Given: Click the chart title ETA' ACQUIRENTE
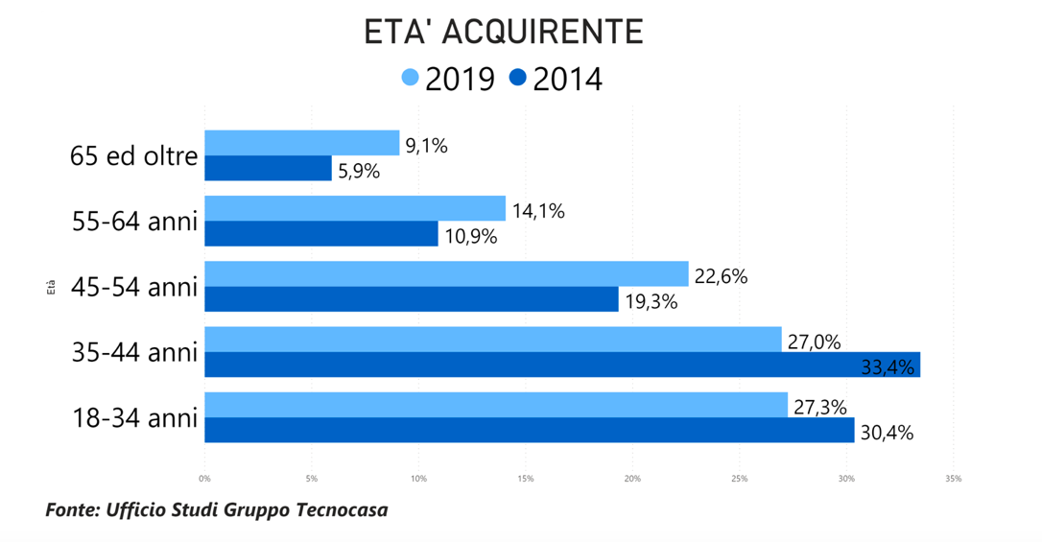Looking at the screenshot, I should click(x=503, y=32).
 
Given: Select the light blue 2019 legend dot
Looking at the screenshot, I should click(x=411, y=78).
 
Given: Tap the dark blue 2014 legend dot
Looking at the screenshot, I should click(x=518, y=78).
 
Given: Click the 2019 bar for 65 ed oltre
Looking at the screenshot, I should click(x=301, y=143).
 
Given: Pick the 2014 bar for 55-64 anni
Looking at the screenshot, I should click(x=320, y=234).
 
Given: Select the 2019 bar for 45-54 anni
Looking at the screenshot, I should click(x=446, y=273).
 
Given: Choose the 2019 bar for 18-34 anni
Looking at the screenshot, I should click(x=495, y=405).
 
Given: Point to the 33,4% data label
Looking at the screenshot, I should click(x=888, y=365).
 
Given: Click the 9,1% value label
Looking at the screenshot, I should click(x=426, y=146).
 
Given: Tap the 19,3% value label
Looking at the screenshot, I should click(x=651, y=301).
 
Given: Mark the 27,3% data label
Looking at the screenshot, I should click(x=819, y=407).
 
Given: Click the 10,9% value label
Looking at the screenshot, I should click(x=471, y=236).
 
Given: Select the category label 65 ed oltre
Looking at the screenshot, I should click(x=133, y=156).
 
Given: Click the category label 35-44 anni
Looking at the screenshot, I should click(x=134, y=352).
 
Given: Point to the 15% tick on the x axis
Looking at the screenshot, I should click(x=525, y=478).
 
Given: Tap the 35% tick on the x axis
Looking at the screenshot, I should click(x=953, y=478).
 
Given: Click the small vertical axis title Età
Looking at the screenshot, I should click(x=51, y=286).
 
